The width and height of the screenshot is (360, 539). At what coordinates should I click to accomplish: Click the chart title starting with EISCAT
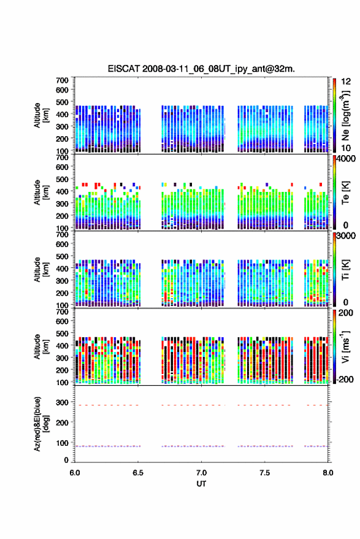tap(201, 69)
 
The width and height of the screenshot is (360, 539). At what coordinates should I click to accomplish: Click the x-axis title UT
tap(201, 484)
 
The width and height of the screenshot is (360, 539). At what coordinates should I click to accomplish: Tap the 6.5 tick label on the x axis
tap(138, 473)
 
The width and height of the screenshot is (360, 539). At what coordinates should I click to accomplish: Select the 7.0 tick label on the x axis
tap(201, 473)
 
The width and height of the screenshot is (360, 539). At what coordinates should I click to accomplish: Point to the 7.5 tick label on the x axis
tap(264, 473)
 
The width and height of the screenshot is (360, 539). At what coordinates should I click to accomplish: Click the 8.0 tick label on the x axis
tap(328, 473)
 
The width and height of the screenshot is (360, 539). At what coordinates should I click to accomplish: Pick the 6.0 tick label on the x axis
tap(75, 473)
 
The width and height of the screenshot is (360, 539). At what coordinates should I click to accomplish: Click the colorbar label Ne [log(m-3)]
tap(346, 115)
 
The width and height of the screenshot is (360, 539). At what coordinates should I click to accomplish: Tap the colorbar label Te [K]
tap(345, 193)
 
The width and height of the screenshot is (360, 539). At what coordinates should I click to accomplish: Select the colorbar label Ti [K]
tap(345, 270)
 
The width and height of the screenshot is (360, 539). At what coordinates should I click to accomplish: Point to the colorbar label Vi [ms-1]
tap(345, 346)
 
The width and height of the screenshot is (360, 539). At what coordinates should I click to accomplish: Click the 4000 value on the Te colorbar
tap(346, 159)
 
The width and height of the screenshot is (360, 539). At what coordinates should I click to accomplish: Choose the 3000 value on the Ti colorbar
tap(346, 236)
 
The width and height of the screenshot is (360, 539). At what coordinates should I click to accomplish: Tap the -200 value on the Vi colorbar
tap(345, 380)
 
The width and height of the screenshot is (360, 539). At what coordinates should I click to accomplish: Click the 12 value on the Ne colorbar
tap(346, 82)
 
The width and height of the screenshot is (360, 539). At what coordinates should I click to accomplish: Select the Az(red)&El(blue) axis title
tap(41, 424)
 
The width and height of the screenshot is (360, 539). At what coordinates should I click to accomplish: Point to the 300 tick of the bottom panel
tap(62, 402)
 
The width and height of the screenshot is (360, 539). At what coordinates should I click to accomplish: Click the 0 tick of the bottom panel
tap(66, 460)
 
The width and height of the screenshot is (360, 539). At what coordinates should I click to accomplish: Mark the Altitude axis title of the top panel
tap(41, 115)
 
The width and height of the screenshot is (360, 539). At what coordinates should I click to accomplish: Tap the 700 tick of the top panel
tap(62, 80)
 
